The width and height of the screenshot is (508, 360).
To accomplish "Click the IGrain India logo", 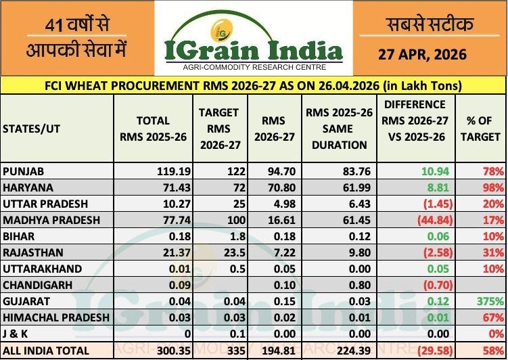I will coord(253,39).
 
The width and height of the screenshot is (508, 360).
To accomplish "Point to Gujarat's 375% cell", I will coord(490,301).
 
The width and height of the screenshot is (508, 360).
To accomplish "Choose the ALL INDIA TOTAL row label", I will coord(45,350).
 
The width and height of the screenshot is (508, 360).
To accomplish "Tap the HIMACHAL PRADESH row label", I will coord(55,317).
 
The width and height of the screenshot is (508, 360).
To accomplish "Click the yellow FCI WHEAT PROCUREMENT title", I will coord(253,85).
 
